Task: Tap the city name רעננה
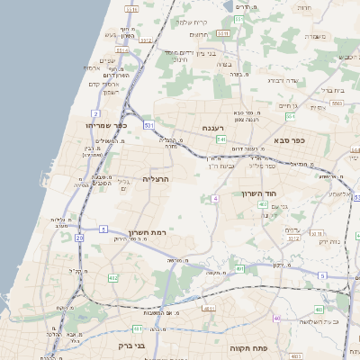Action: pos(213,128)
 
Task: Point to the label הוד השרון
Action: pos(262,193)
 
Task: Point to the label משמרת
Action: pos(314,37)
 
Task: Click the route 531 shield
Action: pos(148,124)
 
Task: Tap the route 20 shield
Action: pos(79,238)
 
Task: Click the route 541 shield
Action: pos(220,139)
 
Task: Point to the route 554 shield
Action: pos(290,117)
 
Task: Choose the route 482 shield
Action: pos(112,278)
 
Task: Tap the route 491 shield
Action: pos(239,268)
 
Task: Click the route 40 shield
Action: pos(277,319)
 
